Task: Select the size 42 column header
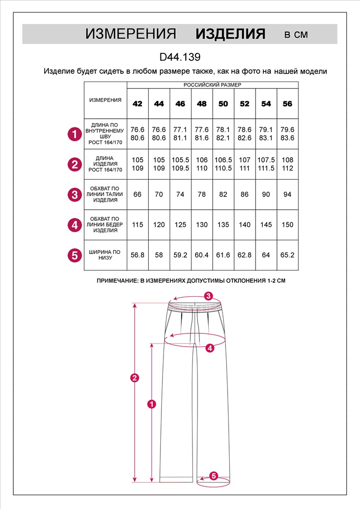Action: [x=137, y=104]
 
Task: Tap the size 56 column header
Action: [x=287, y=104]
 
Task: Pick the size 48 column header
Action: [x=202, y=104]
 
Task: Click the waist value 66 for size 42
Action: [x=137, y=194]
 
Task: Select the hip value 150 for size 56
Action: [x=287, y=224]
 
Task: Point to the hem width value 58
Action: [x=159, y=254]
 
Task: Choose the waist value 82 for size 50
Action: [x=223, y=194]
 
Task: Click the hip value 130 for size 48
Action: [x=202, y=224]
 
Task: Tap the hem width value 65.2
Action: [x=287, y=254]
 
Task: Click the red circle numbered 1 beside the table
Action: [x=75, y=134]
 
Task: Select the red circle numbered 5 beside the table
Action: [x=75, y=254]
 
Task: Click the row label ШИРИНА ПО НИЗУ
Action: [x=105, y=254]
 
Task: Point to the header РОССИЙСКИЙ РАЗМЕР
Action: [x=212, y=85]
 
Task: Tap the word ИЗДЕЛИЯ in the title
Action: [x=231, y=34]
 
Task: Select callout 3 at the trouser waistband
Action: [x=208, y=296]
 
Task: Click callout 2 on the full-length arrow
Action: [x=134, y=378]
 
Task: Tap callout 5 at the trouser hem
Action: [x=214, y=476]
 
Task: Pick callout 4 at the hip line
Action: [x=210, y=348]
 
